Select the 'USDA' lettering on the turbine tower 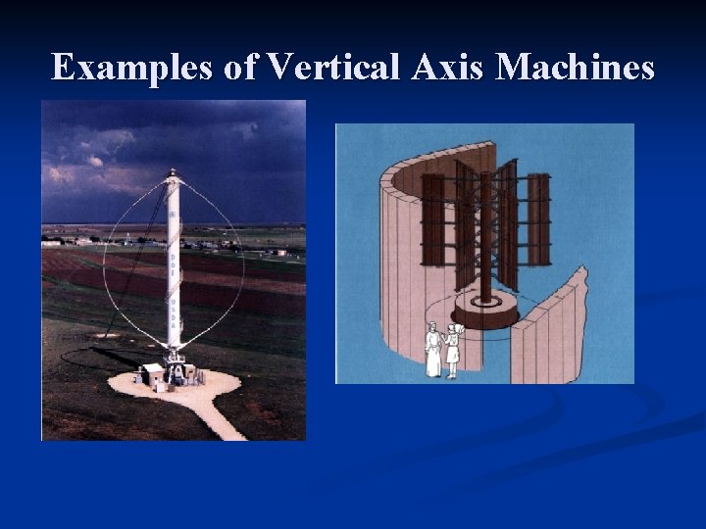(174, 316)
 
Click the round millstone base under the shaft (485, 312)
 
